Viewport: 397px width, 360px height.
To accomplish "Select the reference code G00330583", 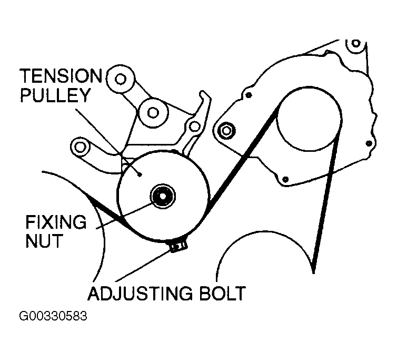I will (53, 318).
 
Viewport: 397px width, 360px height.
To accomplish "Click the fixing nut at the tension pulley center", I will (162, 196).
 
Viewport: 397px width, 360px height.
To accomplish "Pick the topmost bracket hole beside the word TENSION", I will (121, 80).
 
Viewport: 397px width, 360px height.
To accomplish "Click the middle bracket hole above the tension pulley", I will (153, 111).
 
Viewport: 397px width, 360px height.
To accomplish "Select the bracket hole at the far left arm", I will (80, 145).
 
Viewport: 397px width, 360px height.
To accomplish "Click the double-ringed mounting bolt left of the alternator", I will (227, 129).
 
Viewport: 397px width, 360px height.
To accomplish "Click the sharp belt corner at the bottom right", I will (313, 271).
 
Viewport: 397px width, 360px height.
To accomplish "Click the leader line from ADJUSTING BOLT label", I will (145, 264).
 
